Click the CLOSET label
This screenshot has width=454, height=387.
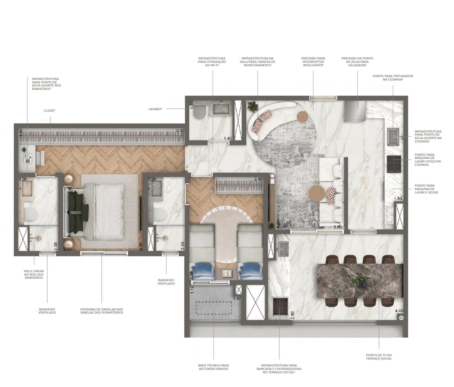(x=49, y=111)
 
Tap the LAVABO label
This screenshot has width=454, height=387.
(x=155, y=109)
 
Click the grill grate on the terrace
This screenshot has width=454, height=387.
(x=280, y=306)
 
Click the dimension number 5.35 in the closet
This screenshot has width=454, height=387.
(x=180, y=131)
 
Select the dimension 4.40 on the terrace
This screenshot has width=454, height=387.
(x=399, y=311)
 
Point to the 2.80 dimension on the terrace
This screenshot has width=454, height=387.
(x=292, y=315)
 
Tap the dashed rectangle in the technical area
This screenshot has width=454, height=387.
(x=214, y=308)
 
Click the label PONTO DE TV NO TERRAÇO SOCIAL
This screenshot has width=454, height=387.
(x=379, y=363)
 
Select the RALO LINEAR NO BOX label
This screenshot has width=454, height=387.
(x=34, y=273)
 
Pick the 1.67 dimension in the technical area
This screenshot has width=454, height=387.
(x=237, y=298)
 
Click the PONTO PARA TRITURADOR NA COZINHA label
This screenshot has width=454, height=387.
(x=393, y=78)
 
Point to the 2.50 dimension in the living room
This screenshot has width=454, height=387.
(x=338, y=227)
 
